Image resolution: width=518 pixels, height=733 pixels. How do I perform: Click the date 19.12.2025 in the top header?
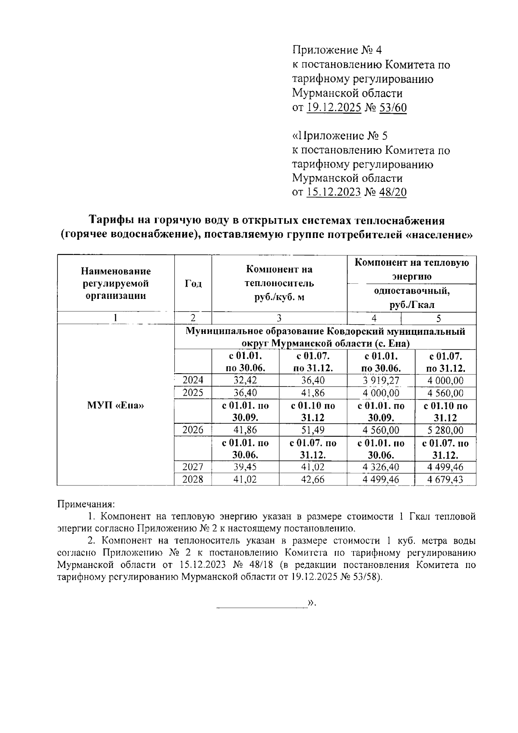(x=334, y=108)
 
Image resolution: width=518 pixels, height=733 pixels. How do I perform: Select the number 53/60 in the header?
(x=392, y=108)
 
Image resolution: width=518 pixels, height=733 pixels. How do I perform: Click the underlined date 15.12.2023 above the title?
(x=334, y=192)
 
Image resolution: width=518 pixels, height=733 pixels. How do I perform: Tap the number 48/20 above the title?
(x=392, y=192)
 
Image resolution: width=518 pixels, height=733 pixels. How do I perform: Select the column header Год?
(x=193, y=283)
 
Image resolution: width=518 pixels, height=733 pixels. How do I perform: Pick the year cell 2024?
(x=193, y=380)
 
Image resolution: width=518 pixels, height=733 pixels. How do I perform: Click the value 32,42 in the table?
(x=245, y=380)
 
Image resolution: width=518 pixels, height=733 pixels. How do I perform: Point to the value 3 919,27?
(x=381, y=380)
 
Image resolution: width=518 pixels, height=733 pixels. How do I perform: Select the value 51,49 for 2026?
(x=313, y=430)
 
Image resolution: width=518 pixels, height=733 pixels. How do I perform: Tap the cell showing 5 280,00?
(x=445, y=430)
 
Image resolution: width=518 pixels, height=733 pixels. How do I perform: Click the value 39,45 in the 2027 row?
(x=245, y=467)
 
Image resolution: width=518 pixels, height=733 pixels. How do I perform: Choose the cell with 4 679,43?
(x=445, y=479)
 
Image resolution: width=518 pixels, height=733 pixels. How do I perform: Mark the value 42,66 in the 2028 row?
(x=313, y=479)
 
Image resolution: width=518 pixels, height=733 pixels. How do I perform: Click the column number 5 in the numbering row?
(x=439, y=318)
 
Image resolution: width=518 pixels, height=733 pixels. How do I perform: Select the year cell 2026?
(x=193, y=430)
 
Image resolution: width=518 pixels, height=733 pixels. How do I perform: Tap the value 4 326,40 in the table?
(x=381, y=467)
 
